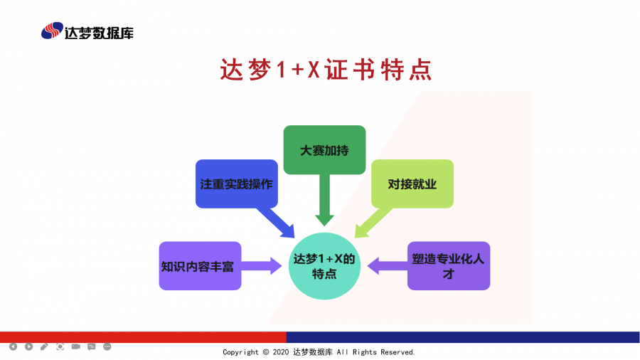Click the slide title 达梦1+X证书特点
click(x=326, y=70)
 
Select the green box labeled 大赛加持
click(x=324, y=150)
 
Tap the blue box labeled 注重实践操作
click(x=236, y=184)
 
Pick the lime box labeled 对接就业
click(x=412, y=184)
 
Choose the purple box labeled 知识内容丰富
click(x=200, y=266)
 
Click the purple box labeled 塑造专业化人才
click(x=448, y=266)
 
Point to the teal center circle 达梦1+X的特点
click(x=324, y=265)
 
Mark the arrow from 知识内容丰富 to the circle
click(x=262, y=266)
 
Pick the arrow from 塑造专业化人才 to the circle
click(x=386, y=266)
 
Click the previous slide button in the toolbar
click(x=13, y=346)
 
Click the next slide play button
click(x=28, y=346)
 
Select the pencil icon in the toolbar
click(x=44, y=346)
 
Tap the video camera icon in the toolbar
click(x=75, y=346)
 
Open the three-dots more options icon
click(x=107, y=346)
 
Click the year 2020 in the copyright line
click(x=282, y=352)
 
